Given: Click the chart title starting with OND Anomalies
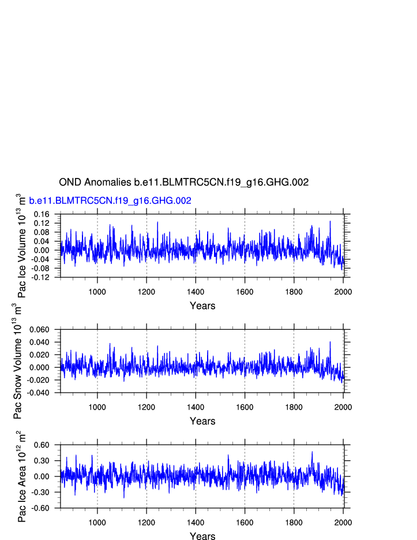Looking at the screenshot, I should tap(184, 182).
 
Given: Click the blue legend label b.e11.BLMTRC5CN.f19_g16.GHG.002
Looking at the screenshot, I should tap(110, 200).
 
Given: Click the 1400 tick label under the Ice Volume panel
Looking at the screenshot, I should tap(196, 291).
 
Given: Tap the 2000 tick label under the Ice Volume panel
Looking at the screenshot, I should tap(343, 291).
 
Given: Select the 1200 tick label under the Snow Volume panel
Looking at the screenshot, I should tap(146, 407).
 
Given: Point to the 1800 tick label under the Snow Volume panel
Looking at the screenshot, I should tap(294, 407).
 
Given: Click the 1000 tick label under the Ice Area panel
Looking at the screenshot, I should tap(97, 522).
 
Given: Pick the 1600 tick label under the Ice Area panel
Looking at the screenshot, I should tap(245, 522).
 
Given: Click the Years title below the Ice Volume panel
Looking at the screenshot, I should tap(202, 306).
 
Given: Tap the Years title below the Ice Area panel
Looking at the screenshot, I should tap(202, 537).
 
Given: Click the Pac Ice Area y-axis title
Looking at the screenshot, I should tap(21, 477).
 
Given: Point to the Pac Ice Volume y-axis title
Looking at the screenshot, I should tap(21, 245).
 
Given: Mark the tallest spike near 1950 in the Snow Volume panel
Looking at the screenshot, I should tap(330, 342).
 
